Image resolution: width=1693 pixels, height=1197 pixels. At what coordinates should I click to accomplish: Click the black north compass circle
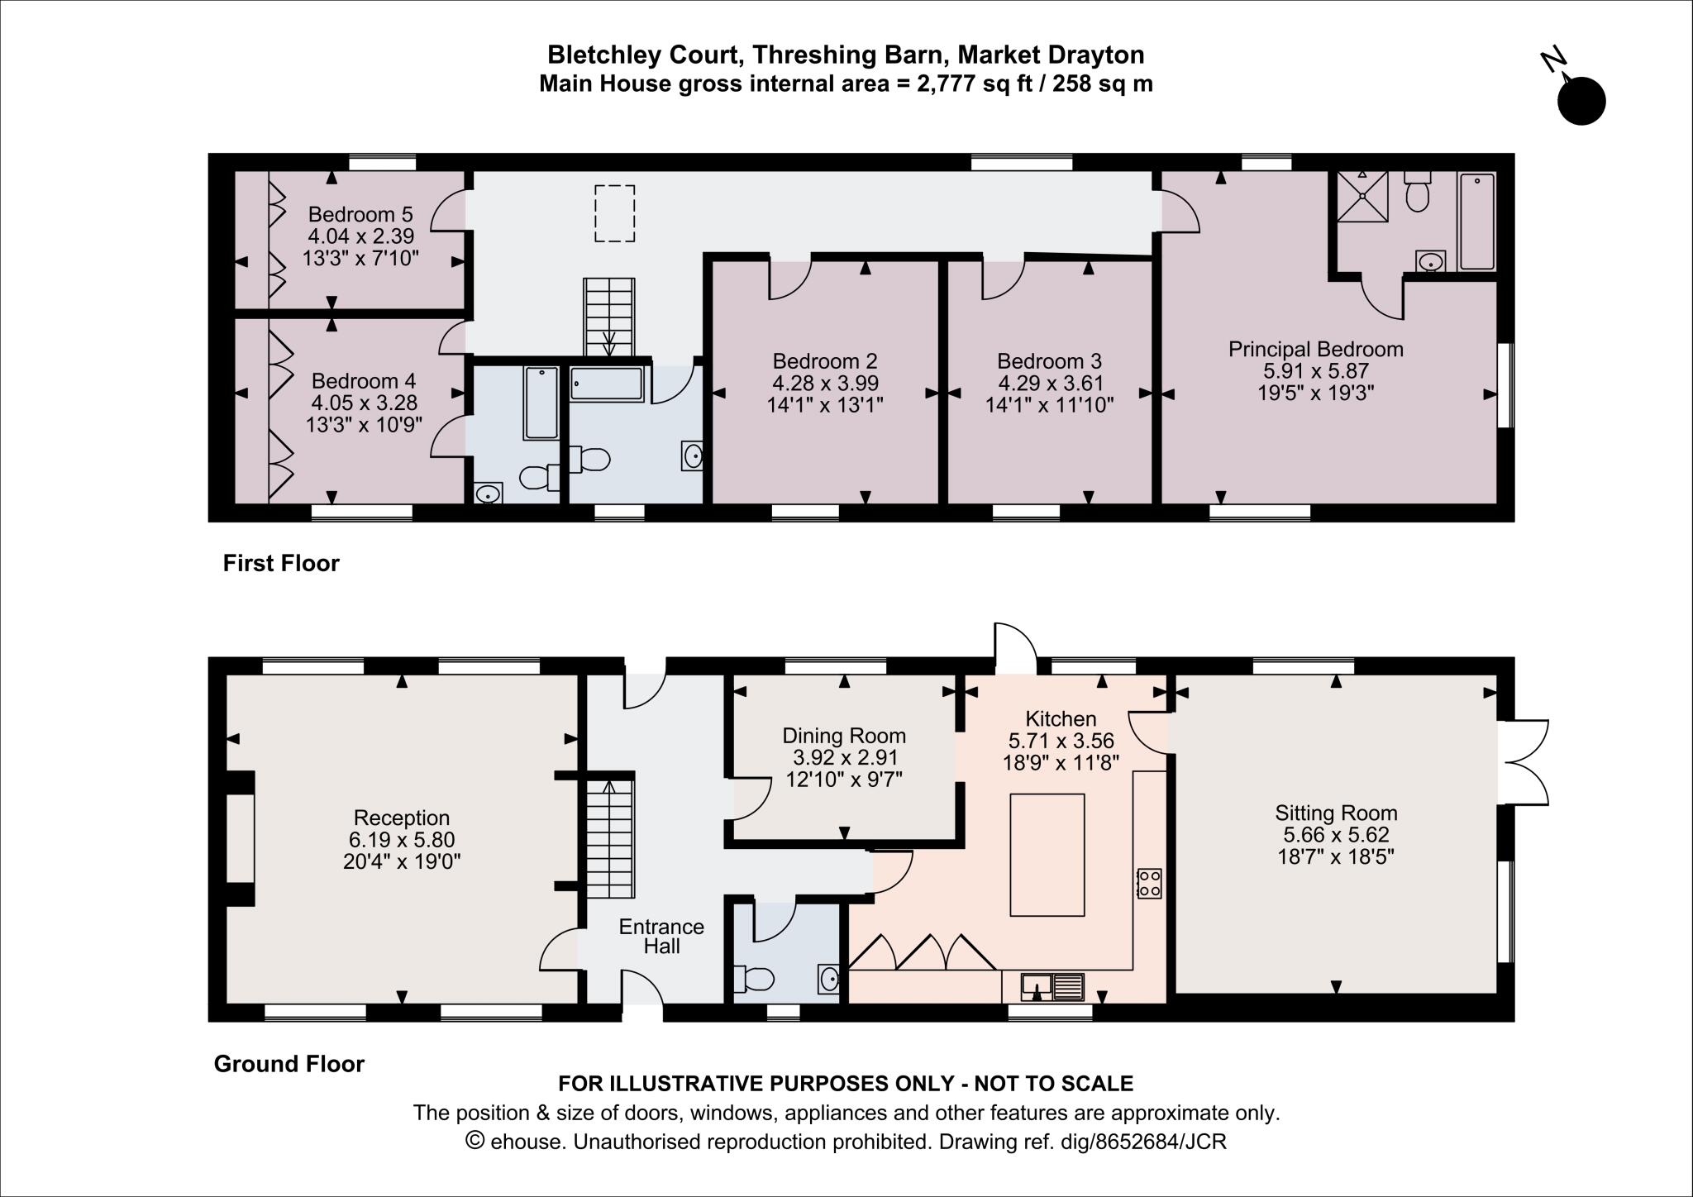point(1581,102)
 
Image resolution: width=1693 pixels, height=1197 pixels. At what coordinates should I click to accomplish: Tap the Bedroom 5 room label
point(360,215)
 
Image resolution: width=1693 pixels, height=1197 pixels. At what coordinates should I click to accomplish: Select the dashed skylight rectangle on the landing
point(614,213)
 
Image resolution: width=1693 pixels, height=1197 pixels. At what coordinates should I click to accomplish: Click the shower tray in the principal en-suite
point(1362,196)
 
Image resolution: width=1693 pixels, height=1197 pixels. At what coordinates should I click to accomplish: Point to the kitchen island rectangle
point(1047,855)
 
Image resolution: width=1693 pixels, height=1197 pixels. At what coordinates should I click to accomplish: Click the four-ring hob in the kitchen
point(1149,883)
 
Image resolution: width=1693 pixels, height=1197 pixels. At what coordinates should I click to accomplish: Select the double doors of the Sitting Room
point(1523,762)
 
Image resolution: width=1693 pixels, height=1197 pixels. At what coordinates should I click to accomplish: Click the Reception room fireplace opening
point(241,838)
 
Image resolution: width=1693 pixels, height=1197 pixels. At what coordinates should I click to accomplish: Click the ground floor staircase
point(610,838)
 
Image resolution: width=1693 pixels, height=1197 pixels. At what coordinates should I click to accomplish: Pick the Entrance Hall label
point(661,936)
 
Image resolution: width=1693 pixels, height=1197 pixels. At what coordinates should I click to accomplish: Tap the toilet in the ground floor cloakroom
point(755,980)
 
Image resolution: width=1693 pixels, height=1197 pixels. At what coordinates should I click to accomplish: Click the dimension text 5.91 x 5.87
point(1315,371)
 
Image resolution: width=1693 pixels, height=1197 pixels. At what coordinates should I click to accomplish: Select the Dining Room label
point(844,736)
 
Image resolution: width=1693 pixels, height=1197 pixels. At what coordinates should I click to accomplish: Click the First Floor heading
point(281,564)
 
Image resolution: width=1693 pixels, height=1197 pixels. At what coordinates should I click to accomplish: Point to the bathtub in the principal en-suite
point(1476,222)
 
